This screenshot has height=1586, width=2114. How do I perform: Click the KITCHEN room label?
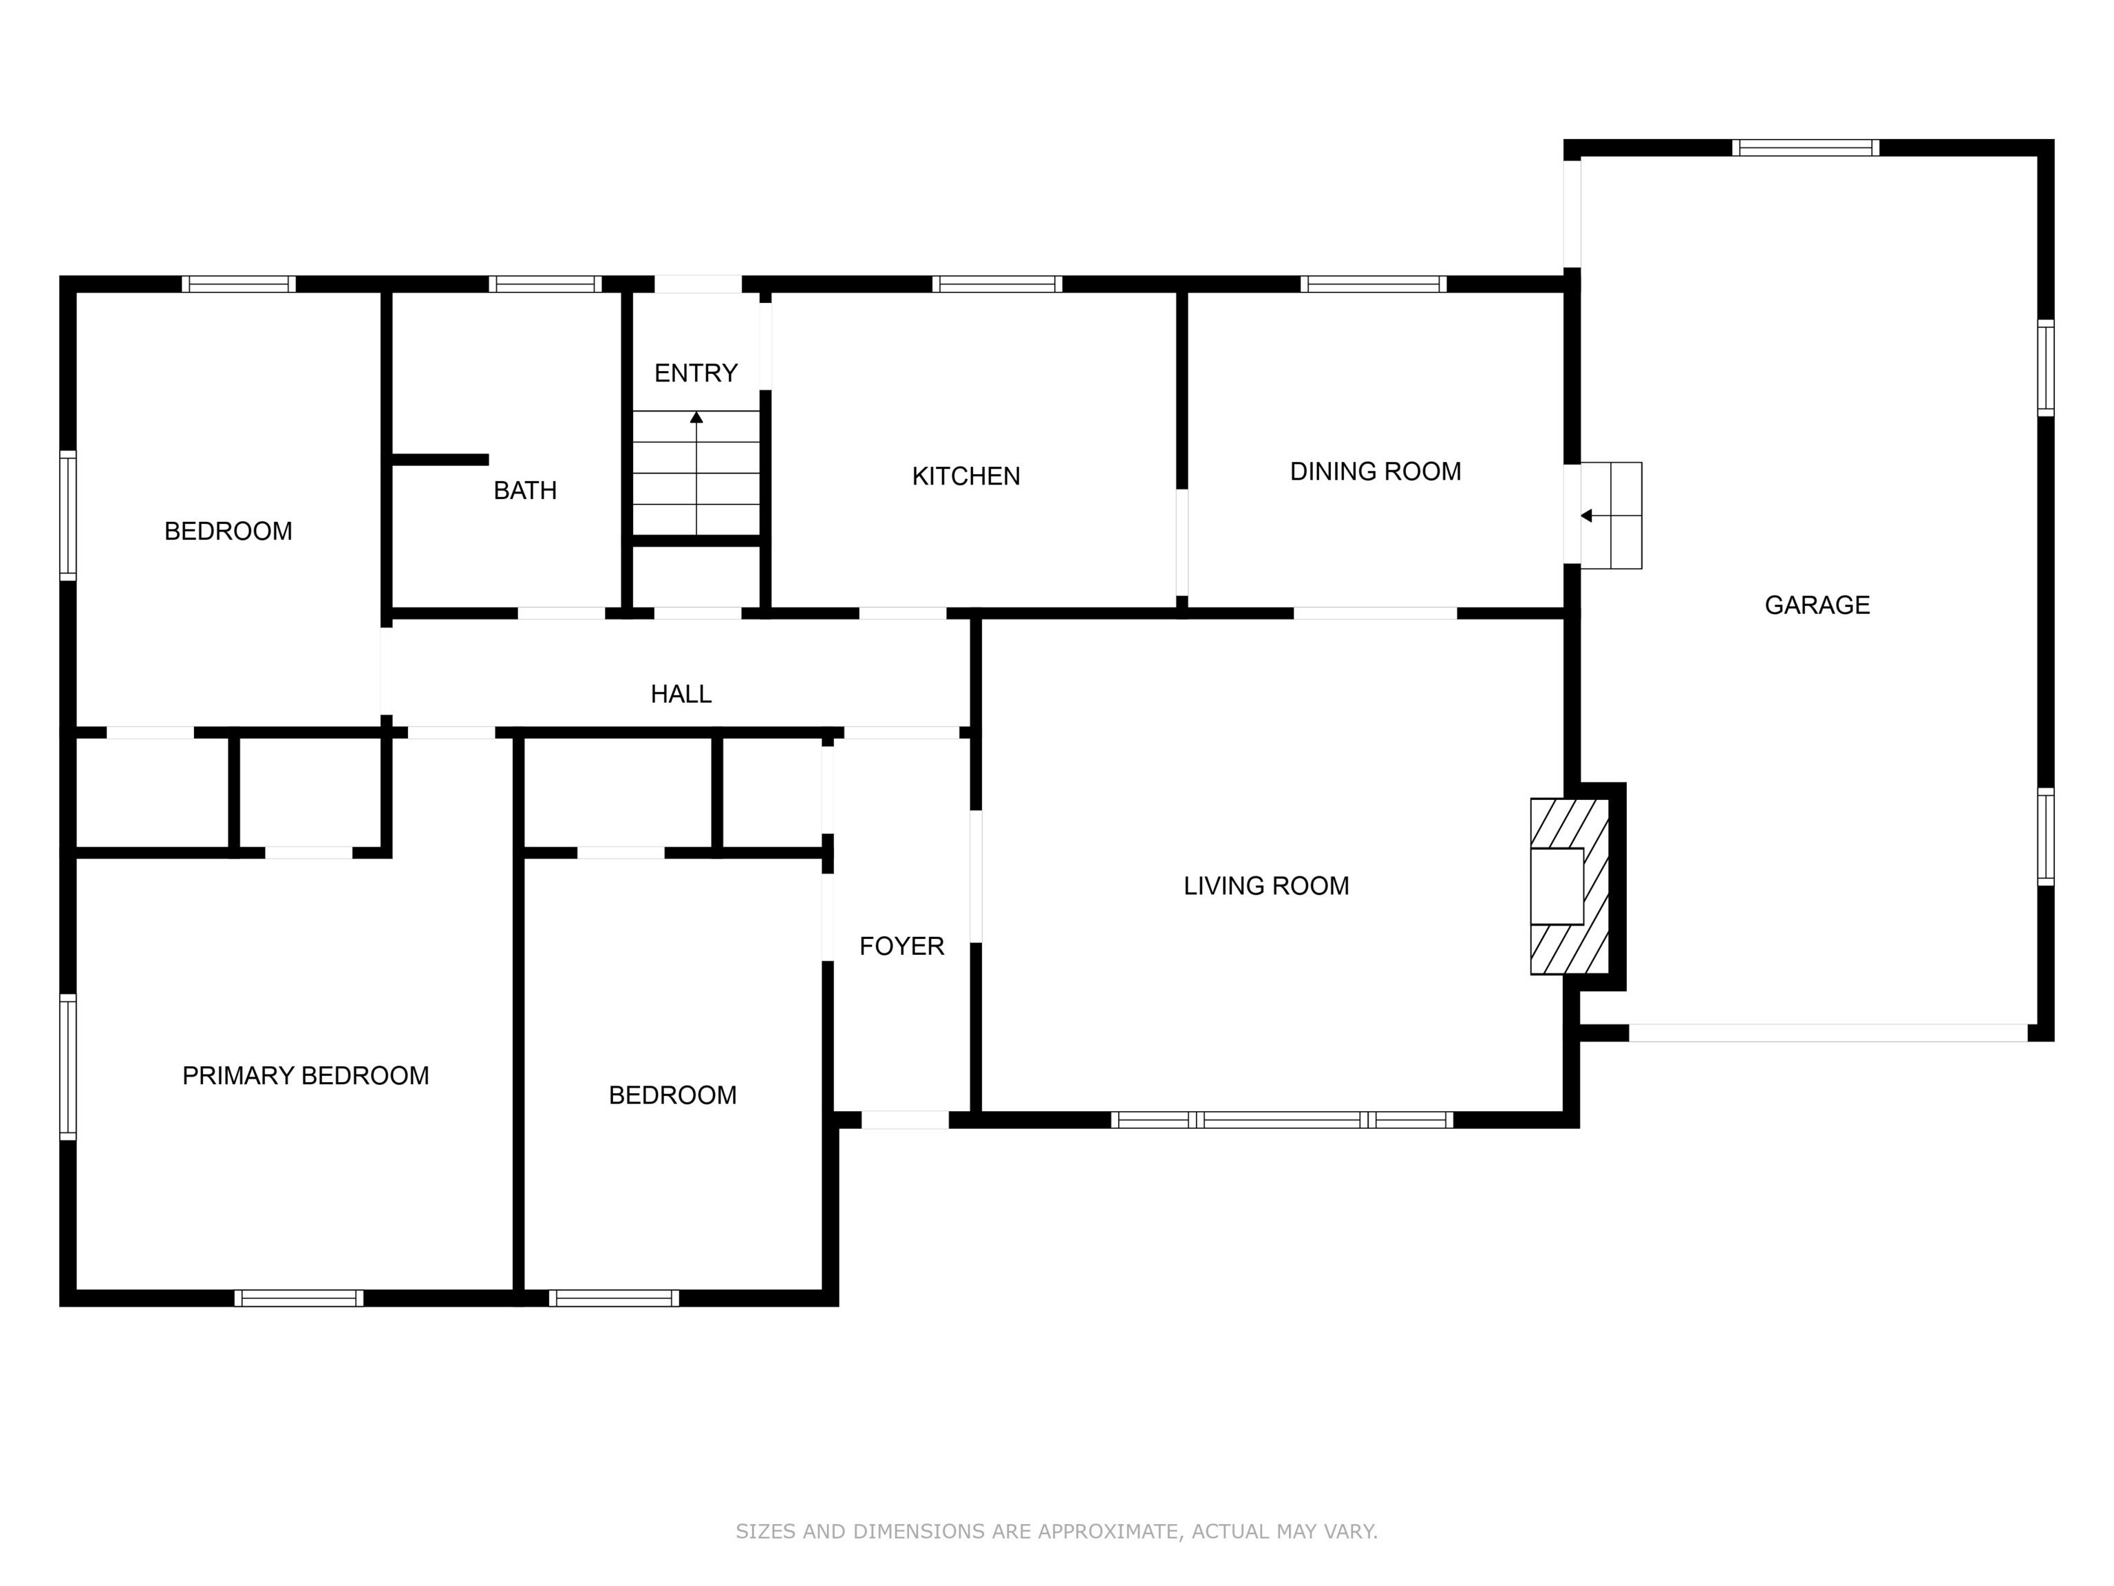(x=965, y=476)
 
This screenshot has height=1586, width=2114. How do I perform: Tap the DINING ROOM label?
(x=1374, y=472)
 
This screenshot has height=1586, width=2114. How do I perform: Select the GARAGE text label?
(x=1816, y=605)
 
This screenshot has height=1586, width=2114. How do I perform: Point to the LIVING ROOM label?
(x=1266, y=886)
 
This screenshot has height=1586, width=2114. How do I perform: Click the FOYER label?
(x=901, y=947)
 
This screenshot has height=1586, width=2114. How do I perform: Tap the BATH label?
(x=524, y=490)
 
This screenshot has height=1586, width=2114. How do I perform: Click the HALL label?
(x=681, y=694)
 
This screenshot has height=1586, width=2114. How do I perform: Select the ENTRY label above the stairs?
(x=695, y=373)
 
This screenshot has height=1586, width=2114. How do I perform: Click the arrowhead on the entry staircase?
(x=696, y=418)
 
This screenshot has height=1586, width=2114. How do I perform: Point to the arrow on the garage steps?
(x=1586, y=516)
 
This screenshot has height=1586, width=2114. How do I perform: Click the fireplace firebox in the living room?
(x=1557, y=886)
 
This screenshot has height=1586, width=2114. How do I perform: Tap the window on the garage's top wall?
(x=1804, y=148)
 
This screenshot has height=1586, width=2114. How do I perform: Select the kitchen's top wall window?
(x=997, y=284)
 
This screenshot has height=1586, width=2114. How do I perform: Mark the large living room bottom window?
(x=1281, y=1119)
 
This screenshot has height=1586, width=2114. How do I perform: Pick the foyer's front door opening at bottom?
(x=904, y=1119)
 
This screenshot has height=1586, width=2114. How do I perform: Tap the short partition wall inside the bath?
(x=440, y=460)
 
